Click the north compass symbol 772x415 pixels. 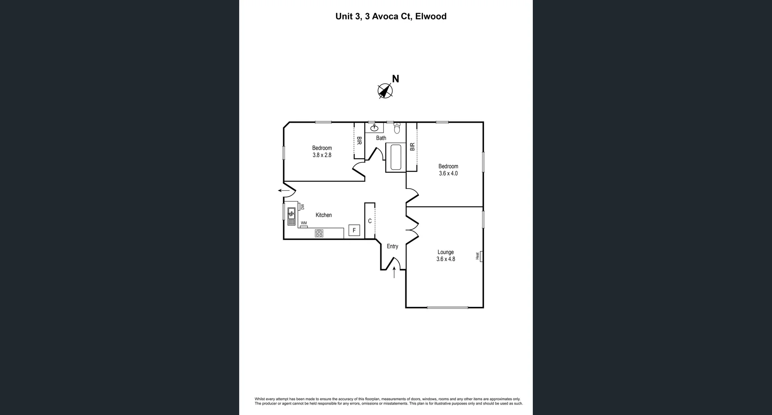[385, 91]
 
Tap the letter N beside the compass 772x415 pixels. [396, 79]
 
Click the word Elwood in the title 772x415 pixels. [431, 16]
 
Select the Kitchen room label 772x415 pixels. [323, 215]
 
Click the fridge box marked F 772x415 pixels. [354, 230]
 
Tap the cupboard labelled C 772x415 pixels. [370, 221]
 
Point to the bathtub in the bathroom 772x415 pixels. [396, 157]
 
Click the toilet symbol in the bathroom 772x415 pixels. [397, 128]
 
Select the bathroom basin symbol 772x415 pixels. [374, 128]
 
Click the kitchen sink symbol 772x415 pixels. [291, 216]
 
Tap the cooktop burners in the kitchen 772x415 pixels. [319, 233]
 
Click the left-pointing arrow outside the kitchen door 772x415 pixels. [284, 191]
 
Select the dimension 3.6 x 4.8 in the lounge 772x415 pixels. [446, 259]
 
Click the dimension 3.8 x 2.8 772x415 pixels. [322, 155]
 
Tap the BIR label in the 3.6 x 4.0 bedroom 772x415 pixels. [412, 147]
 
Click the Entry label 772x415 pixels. [392, 247]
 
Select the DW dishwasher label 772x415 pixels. [302, 207]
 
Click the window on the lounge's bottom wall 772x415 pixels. [447, 308]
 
